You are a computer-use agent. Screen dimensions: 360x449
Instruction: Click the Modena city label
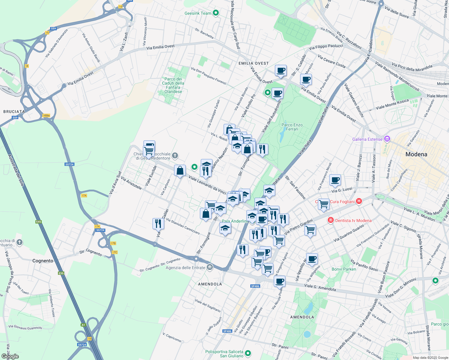[x=416, y=154]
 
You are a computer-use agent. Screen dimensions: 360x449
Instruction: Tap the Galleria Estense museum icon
[x=387, y=139]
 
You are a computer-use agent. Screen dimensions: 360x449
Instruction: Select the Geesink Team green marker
[x=215, y=13]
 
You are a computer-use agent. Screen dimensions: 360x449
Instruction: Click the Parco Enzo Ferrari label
[x=292, y=127]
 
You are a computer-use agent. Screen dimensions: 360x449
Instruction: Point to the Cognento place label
[x=43, y=261]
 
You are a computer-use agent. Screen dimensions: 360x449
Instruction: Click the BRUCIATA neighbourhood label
[x=14, y=112]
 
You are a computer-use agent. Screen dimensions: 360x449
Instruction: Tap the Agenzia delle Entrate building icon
[x=210, y=267]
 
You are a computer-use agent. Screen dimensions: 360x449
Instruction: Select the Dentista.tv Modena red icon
[x=331, y=220]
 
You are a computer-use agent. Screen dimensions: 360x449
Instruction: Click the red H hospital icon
[x=359, y=201]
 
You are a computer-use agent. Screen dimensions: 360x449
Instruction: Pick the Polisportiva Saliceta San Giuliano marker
[x=248, y=353]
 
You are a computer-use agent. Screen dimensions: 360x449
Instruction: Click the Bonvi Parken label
[x=344, y=269]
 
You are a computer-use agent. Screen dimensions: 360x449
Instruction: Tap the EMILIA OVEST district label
[x=254, y=63]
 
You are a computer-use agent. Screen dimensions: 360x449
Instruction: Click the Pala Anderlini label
[x=234, y=221]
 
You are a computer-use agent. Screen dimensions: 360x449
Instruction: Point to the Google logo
[x=10, y=356]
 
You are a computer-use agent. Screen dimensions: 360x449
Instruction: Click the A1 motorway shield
[x=83, y=325]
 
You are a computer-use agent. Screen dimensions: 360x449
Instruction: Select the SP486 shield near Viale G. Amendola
[x=255, y=286]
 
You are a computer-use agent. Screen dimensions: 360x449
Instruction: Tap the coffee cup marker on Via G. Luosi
[x=335, y=180]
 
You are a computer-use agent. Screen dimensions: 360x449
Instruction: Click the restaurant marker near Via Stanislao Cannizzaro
[x=158, y=223]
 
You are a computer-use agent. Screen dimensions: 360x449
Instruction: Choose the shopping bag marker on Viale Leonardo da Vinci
[x=180, y=170]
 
